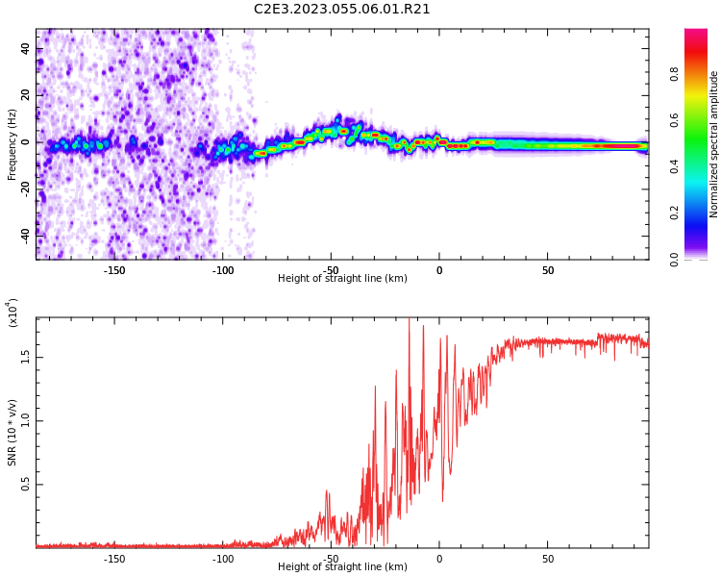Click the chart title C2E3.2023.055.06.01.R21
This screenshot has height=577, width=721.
(x=342, y=10)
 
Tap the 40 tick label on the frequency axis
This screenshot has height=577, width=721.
(x=26, y=49)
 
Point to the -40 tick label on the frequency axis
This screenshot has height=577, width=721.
(x=26, y=234)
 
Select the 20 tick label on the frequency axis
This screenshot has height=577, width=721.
(x=26, y=95)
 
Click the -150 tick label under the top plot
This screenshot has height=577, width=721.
(x=114, y=270)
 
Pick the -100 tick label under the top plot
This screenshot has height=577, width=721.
(x=223, y=270)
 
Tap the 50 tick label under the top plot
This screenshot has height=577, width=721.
(x=548, y=270)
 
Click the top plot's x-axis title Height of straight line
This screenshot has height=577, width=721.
(x=342, y=279)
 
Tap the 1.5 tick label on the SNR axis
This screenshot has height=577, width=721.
(x=26, y=356)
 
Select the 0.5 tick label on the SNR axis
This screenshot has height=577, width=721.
(x=26, y=484)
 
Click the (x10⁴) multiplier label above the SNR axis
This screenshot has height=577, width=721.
(x=12, y=313)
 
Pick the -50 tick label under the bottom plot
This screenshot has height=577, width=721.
(x=332, y=559)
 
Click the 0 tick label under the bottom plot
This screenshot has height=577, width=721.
(x=439, y=559)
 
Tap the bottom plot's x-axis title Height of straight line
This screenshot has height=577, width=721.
(x=342, y=567)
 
